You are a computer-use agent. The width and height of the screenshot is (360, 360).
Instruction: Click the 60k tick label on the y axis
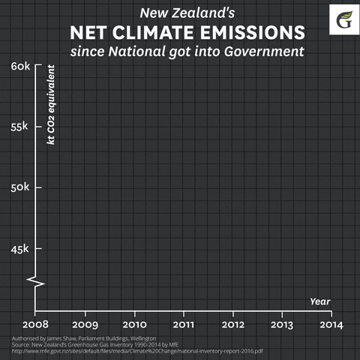[20, 66]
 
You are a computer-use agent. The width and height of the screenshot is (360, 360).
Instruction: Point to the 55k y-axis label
[20, 126]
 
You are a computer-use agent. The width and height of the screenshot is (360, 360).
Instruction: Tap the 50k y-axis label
[20, 187]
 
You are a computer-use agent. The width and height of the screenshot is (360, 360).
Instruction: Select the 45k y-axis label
[20, 248]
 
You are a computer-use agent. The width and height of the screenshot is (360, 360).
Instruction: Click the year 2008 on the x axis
[35, 325]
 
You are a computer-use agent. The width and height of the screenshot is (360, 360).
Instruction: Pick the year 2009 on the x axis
[85, 325]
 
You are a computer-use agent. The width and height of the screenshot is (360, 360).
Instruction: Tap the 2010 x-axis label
[134, 325]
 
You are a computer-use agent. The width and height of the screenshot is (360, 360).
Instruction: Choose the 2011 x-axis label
[184, 325]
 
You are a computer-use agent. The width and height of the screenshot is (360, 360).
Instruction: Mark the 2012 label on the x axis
[233, 325]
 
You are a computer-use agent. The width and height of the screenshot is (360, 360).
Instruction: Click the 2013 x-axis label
[282, 325]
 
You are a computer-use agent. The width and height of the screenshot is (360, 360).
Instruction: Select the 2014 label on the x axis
[331, 325]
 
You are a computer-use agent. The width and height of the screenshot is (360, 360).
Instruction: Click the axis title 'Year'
[320, 301]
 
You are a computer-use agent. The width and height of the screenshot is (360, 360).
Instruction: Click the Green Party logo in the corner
[344, 18]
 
